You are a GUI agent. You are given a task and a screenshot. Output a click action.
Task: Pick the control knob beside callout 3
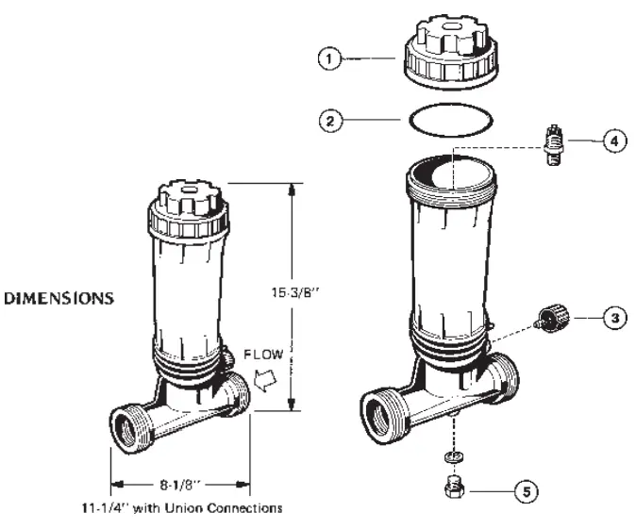click(x=548, y=319)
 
